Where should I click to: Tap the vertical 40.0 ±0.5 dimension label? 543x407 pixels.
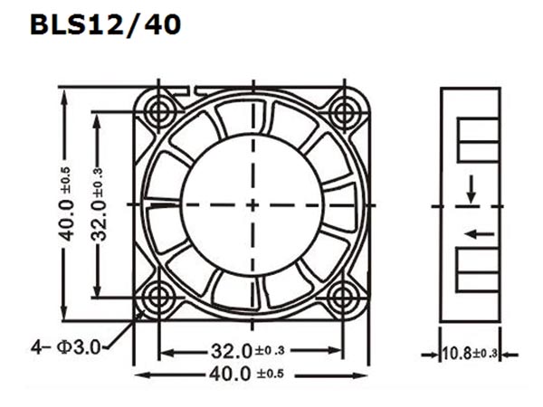(67, 204)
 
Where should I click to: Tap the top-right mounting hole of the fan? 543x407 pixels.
(343, 112)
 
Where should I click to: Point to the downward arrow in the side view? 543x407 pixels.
(471, 190)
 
